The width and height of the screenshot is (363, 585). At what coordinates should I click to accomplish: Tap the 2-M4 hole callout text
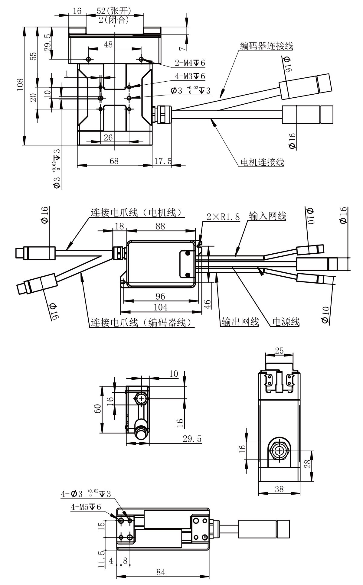tap(190, 63)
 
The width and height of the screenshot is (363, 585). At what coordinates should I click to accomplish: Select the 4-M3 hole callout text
tap(190, 76)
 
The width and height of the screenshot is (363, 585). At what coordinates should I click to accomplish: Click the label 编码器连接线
tap(266, 46)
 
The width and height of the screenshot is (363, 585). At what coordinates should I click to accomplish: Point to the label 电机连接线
tap(262, 162)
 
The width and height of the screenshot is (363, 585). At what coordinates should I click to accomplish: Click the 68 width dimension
tap(114, 161)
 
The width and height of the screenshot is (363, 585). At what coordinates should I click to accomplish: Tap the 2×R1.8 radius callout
tap(223, 217)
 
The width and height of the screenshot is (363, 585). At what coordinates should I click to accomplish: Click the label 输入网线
tap(267, 216)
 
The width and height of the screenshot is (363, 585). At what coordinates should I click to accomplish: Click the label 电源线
tap(286, 322)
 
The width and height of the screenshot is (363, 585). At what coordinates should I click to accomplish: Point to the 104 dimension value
tap(161, 307)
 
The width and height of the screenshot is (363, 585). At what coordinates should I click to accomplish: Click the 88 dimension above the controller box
tap(160, 226)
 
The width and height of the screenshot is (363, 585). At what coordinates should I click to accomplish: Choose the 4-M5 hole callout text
tap(86, 507)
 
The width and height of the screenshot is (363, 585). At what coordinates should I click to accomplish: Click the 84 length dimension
tap(161, 572)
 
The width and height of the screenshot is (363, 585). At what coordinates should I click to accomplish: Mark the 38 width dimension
tap(279, 489)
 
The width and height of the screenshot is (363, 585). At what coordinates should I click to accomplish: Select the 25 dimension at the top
tap(279, 351)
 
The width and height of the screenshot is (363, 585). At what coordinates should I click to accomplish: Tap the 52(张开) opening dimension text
tap(114, 11)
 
